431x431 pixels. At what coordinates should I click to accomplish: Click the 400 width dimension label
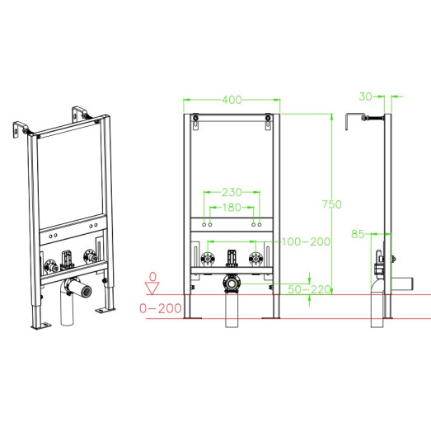point(232,100)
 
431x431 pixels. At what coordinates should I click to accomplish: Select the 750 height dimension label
point(332,204)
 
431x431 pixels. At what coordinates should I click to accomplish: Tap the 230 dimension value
point(232,192)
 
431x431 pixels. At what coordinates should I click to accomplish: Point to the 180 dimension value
point(232,207)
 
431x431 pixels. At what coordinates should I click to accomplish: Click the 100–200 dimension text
point(306,242)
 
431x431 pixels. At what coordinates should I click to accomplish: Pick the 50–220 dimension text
point(309,289)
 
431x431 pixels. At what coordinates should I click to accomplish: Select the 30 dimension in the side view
point(366,96)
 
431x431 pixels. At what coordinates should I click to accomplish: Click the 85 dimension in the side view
point(358,234)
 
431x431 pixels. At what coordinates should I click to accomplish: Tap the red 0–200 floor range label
point(161,308)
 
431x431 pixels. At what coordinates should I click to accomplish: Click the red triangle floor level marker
point(152,288)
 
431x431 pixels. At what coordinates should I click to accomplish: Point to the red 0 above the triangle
point(152,277)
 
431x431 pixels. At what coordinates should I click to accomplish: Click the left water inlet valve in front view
point(208,259)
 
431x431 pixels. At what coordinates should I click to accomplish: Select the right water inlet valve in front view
point(255,259)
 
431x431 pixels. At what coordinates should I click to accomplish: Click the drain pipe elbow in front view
point(232,283)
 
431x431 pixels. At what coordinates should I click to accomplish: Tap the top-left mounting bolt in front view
point(195,118)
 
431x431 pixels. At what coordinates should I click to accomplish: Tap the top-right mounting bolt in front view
point(268,118)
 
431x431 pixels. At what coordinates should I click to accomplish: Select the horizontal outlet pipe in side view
point(402,283)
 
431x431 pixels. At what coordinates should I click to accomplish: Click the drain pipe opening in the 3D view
point(86,292)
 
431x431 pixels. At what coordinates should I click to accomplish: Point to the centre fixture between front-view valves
point(232,258)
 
